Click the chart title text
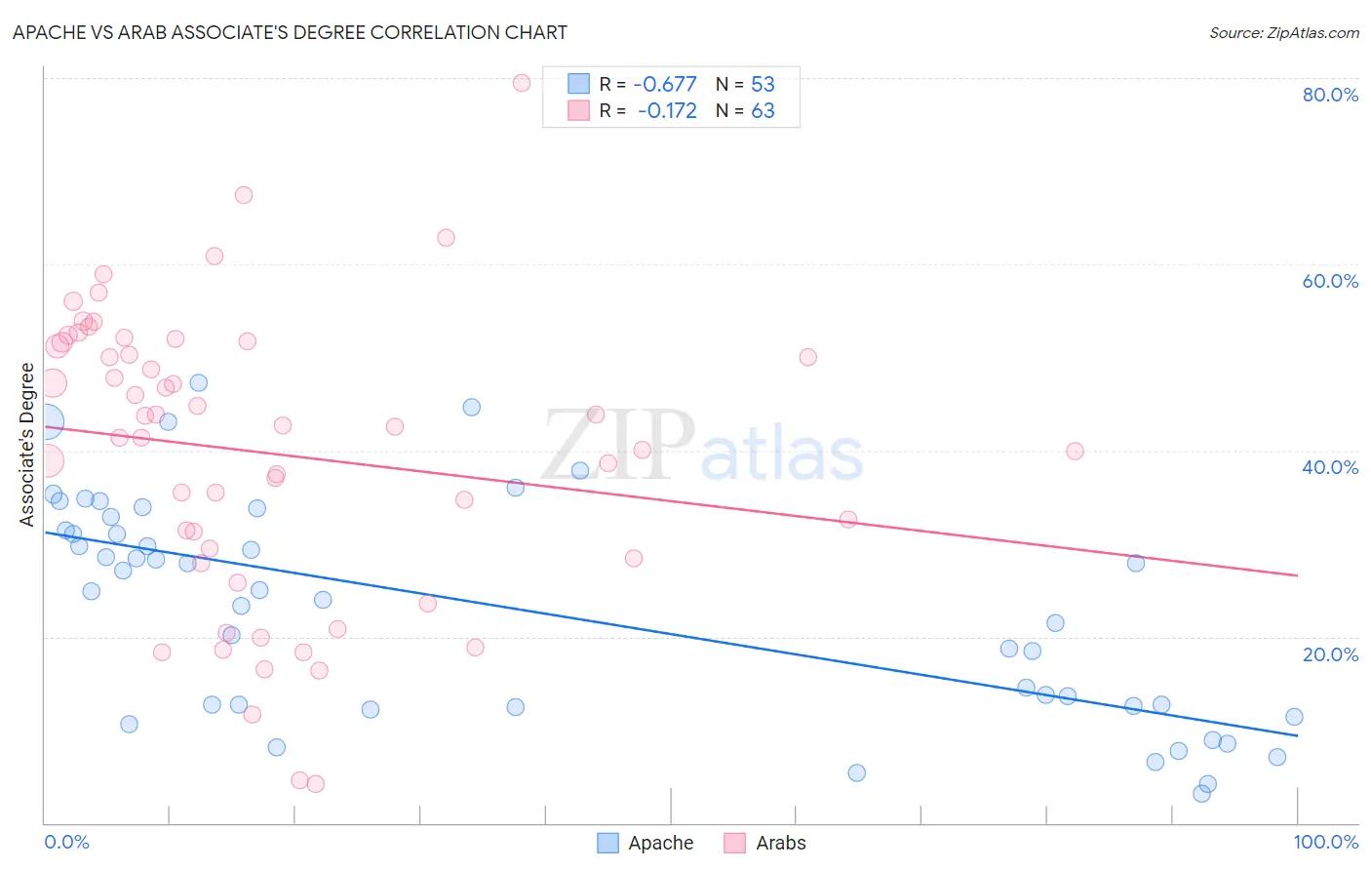(x=290, y=32)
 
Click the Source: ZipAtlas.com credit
(x=1283, y=33)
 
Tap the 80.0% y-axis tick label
(x=1330, y=95)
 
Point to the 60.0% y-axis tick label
(x=1330, y=281)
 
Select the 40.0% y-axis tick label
(x=1330, y=467)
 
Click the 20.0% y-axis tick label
(x=1330, y=654)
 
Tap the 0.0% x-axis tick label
(x=66, y=842)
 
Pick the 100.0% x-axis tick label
(x=1326, y=842)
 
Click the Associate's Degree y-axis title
(x=27, y=444)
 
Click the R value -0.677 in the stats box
(x=665, y=84)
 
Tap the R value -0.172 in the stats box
(x=667, y=111)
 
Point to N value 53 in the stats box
(x=763, y=84)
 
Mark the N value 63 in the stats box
(x=763, y=111)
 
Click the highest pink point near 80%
(x=522, y=83)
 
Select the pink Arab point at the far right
(x=1075, y=451)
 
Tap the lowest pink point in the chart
(x=316, y=783)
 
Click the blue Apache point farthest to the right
(x=1294, y=717)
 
